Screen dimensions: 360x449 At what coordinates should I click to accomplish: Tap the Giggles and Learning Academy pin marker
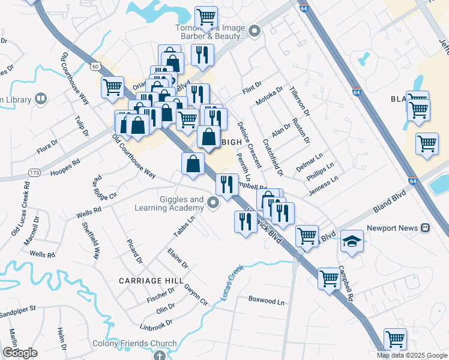214,205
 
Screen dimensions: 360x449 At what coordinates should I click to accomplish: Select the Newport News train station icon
425,228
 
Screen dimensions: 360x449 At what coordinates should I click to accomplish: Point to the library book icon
41,98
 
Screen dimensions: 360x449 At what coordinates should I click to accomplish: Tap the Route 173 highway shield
34,173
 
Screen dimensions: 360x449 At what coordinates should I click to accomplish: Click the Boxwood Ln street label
266,301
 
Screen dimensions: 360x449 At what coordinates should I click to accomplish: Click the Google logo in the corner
20,353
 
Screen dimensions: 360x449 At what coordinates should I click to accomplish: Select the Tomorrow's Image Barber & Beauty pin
255,31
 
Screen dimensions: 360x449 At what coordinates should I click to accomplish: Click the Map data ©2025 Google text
412,355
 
